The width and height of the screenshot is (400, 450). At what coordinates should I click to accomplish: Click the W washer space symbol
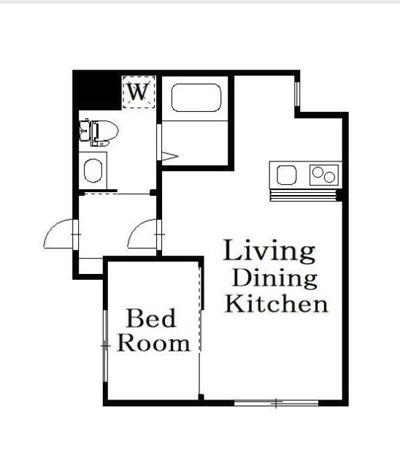139,92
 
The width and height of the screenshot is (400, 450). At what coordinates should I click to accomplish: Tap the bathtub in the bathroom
196,98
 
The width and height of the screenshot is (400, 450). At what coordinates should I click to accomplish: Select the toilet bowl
106,133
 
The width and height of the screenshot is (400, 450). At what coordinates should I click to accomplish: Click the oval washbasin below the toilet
93,170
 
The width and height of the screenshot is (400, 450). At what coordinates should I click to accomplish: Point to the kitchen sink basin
286,175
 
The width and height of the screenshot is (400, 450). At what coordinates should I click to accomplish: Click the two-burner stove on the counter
324,175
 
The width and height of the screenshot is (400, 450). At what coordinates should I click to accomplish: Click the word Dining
275,279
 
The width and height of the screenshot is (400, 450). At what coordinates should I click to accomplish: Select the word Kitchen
277,304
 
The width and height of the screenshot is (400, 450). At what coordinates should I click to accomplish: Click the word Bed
151,318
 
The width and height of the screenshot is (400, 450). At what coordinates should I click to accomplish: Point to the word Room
153,343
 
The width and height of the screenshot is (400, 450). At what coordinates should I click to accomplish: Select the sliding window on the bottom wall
277,403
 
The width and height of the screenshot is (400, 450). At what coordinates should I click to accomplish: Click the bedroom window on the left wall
106,346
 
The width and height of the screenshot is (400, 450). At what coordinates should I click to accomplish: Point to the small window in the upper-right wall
297,94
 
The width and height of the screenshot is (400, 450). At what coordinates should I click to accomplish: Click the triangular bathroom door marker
170,156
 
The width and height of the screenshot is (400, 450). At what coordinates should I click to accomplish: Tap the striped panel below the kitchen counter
304,195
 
